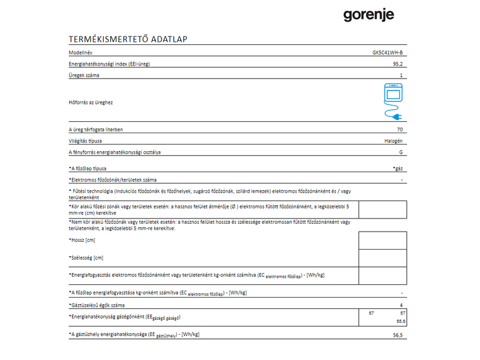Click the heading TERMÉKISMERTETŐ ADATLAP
point(129,39)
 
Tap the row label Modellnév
point(82,53)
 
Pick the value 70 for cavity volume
point(400,130)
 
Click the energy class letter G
point(401,153)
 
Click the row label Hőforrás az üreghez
point(91,103)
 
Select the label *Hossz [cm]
point(83,240)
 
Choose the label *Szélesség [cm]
point(86,257)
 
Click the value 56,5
point(398,335)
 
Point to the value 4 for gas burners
point(401,305)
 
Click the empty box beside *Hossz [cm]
point(382,240)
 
